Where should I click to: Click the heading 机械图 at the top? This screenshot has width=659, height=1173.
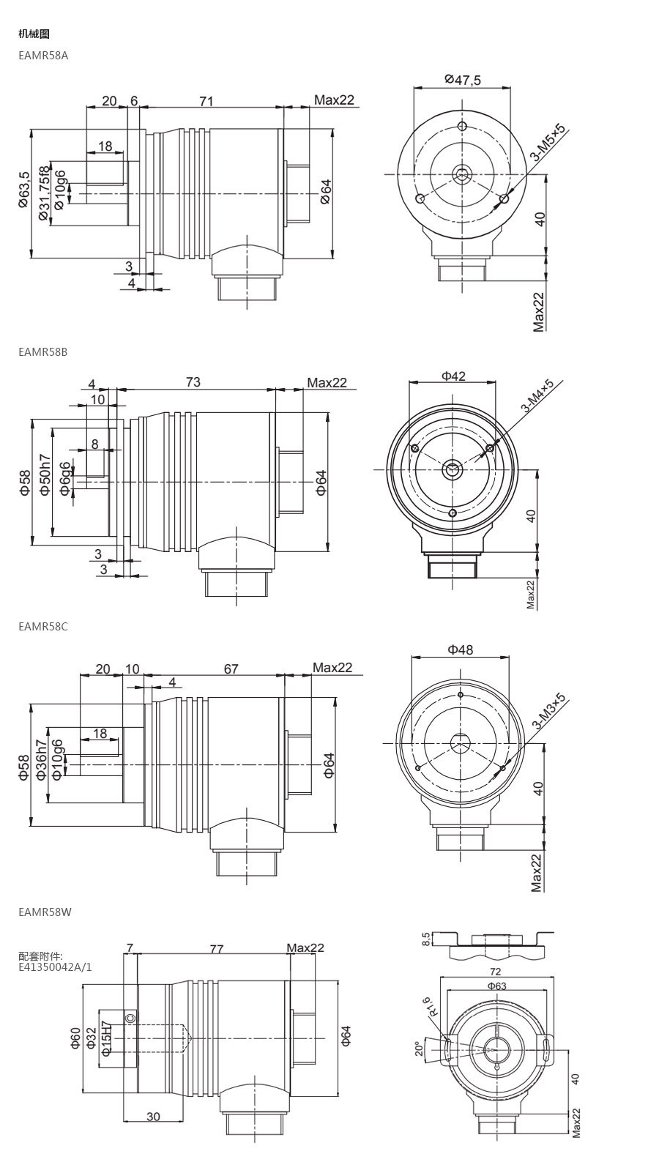(x=34, y=34)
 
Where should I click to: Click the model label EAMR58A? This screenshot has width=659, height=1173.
(x=43, y=56)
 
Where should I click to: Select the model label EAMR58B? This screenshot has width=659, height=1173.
(x=43, y=352)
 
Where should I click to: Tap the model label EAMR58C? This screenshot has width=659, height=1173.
(x=43, y=626)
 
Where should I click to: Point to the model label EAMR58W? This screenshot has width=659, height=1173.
(x=45, y=912)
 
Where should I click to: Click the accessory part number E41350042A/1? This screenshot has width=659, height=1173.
(x=55, y=967)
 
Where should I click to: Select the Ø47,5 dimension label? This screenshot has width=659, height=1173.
(x=463, y=80)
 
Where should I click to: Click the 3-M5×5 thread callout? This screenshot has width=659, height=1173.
(x=548, y=142)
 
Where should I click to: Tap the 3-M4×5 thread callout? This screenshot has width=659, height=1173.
(x=537, y=396)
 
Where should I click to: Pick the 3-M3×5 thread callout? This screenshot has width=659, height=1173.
(x=549, y=711)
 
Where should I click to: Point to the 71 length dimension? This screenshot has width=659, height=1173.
(x=206, y=100)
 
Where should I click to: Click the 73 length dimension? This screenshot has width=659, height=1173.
(x=193, y=382)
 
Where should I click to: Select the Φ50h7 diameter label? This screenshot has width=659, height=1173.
(x=45, y=475)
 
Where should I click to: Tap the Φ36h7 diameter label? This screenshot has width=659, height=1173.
(x=42, y=760)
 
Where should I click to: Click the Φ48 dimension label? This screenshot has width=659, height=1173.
(x=461, y=650)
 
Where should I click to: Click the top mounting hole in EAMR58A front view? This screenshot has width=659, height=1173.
(x=462, y=126)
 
